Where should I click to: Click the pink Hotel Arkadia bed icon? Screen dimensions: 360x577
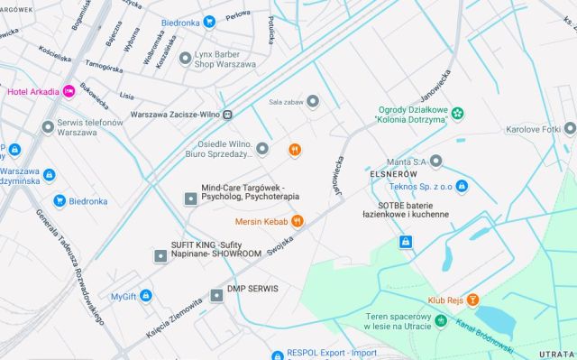click(69, 91)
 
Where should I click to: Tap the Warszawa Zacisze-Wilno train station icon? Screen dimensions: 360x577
click(228, 115)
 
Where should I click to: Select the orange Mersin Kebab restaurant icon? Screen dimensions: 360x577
click(298, 220)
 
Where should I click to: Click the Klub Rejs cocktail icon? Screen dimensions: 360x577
click(472, 300)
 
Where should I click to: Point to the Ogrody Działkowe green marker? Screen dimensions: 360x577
click(458, 113)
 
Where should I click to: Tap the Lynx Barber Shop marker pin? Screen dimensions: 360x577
click(186, 58)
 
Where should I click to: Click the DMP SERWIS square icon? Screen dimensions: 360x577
click(215, 295)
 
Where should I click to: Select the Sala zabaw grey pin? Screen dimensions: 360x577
click(313, 101)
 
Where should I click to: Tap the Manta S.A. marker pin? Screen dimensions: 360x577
click(435, 162)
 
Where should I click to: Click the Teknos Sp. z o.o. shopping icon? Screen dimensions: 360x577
click(462, 186)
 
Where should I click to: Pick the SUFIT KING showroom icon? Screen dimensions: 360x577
click(160, 255)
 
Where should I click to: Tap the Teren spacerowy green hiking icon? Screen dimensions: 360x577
click(441, 320)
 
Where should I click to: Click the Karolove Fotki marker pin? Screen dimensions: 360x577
click(570, 129)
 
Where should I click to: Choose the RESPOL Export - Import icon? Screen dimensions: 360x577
click(279, 353)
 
